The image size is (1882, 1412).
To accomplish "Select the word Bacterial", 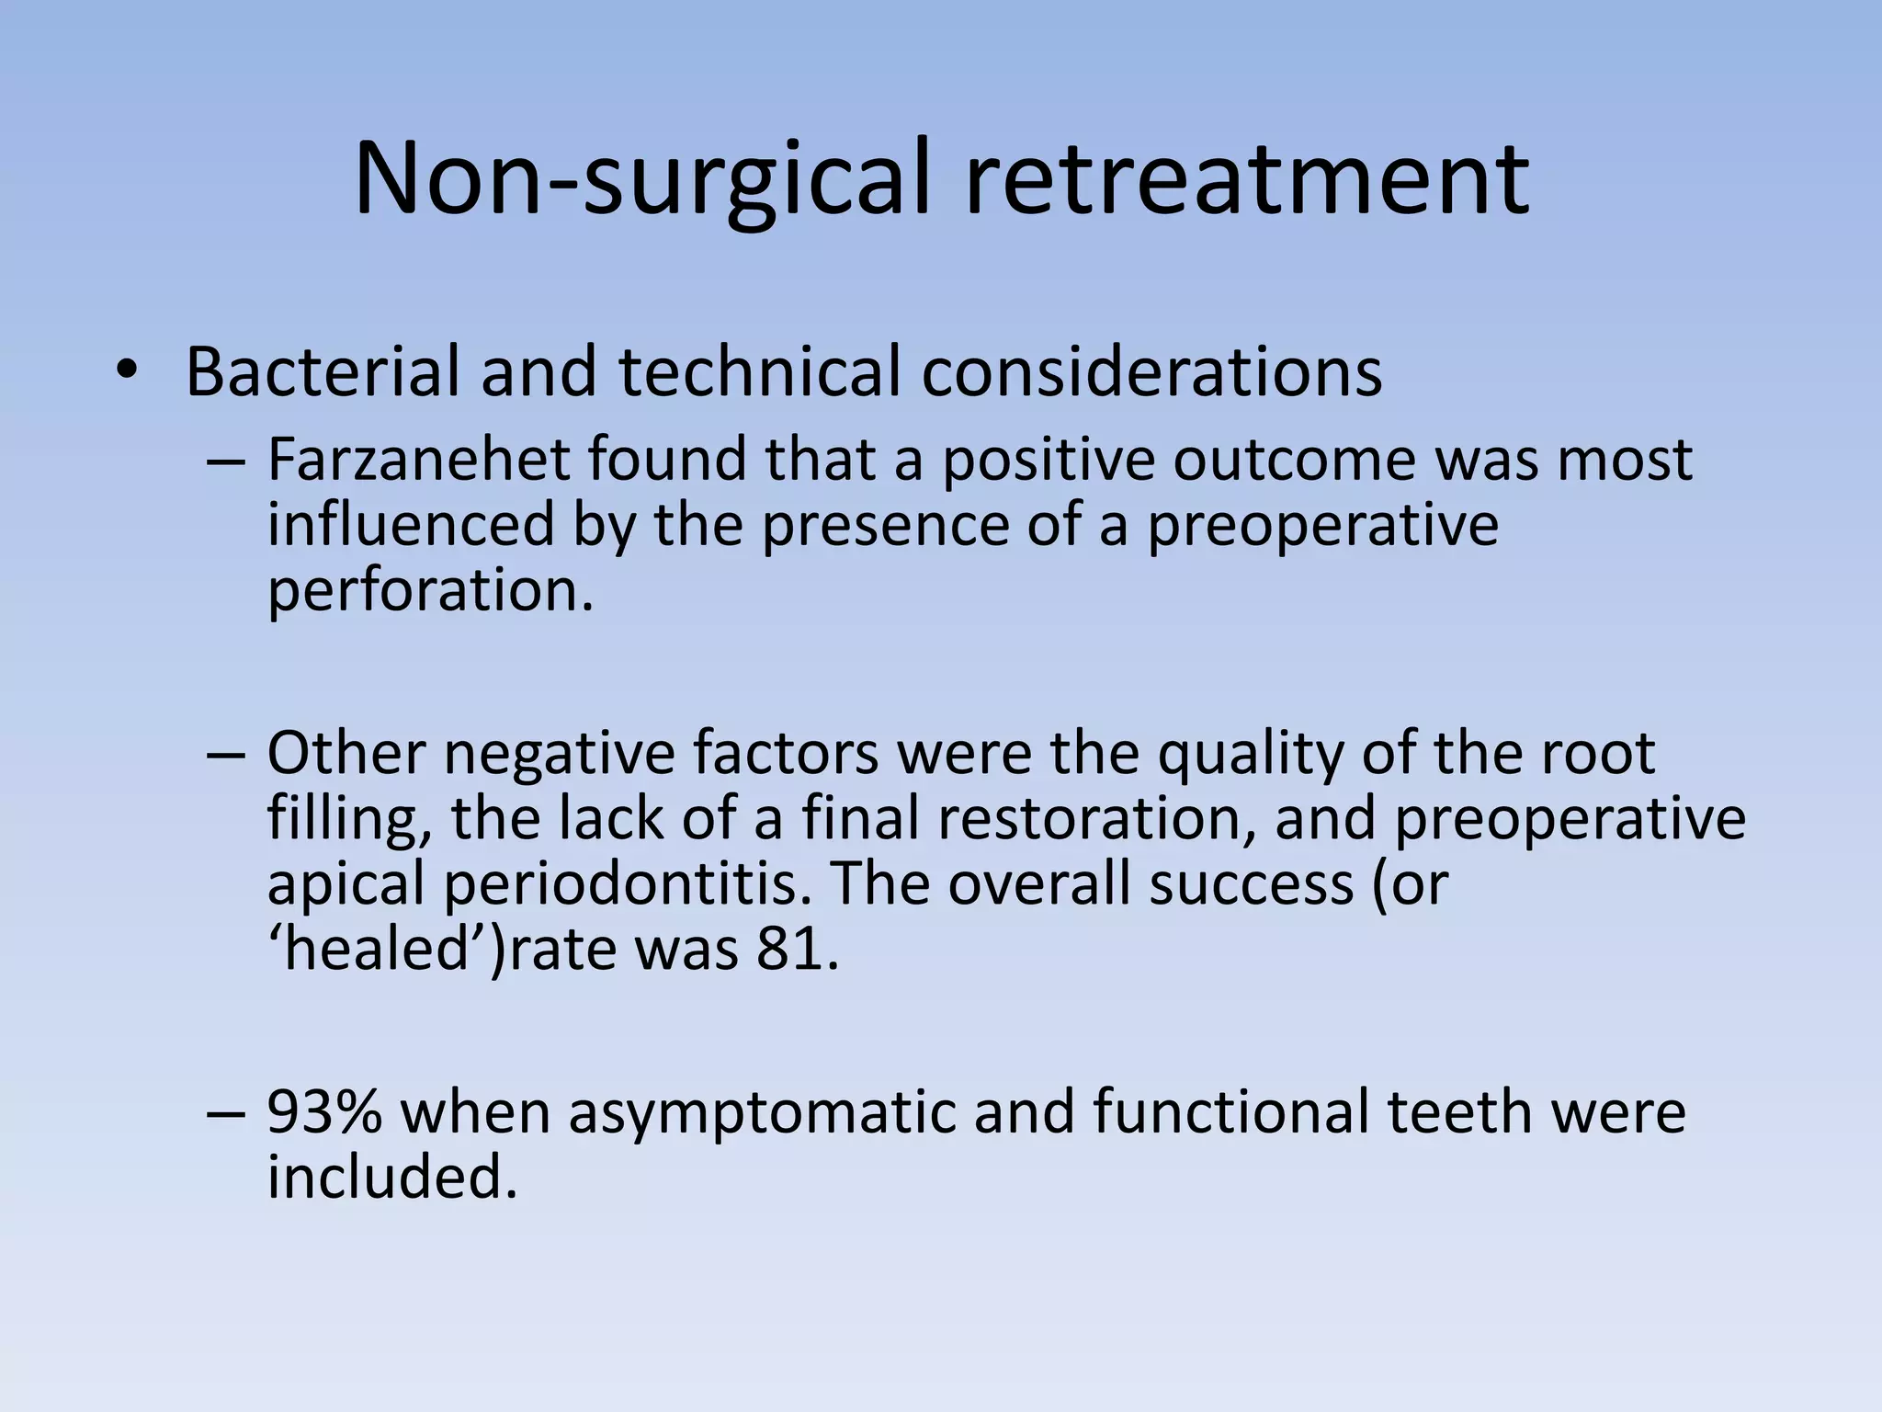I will pos(323,371).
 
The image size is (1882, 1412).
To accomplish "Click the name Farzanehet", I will pos(418,459).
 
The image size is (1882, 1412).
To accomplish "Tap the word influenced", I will pos(412,524).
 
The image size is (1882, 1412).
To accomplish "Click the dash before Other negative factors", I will pos(226,753).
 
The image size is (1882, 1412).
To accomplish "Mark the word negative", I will pos(560,753).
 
